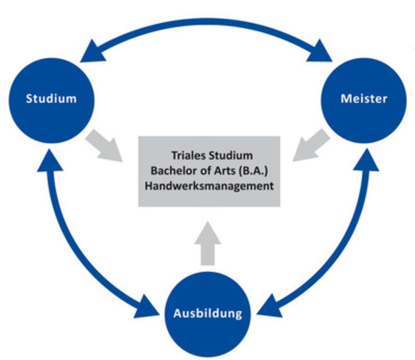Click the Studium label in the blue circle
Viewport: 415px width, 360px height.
pos(51,99)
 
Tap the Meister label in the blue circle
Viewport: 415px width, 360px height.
pos(364,99)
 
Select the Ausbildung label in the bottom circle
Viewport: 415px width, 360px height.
pos(208,314)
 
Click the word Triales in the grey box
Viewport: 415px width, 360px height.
pos(188,155)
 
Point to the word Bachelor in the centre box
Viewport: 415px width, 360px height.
pos(173,170)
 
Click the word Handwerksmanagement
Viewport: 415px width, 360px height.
pos(209,186)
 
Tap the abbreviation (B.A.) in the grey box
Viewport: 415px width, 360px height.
pos(253,171)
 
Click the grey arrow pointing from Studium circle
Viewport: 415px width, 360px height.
pos(104,146)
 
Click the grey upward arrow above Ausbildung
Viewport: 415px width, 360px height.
pos(208,243)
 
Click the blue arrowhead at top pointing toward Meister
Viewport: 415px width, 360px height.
pos(320,52)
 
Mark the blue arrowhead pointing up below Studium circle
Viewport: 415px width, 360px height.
pos(50,161)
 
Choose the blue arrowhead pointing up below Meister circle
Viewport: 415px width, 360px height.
pos(366,161)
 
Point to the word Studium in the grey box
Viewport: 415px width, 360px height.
pos(231,155)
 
